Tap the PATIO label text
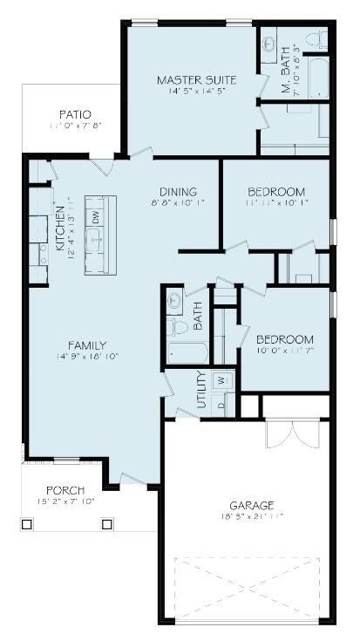click(75, 114)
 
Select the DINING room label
click(178, 192)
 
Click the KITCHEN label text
click(60, 229)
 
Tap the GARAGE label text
click(253, 505)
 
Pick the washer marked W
click(221, 380)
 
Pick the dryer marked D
click(221, 405)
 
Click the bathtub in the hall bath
click(187, 353)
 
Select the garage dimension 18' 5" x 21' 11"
click(253, 516)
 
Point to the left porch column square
click(26, 524)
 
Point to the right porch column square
click(107, 524)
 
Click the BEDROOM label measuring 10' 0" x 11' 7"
click(284, 339)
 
